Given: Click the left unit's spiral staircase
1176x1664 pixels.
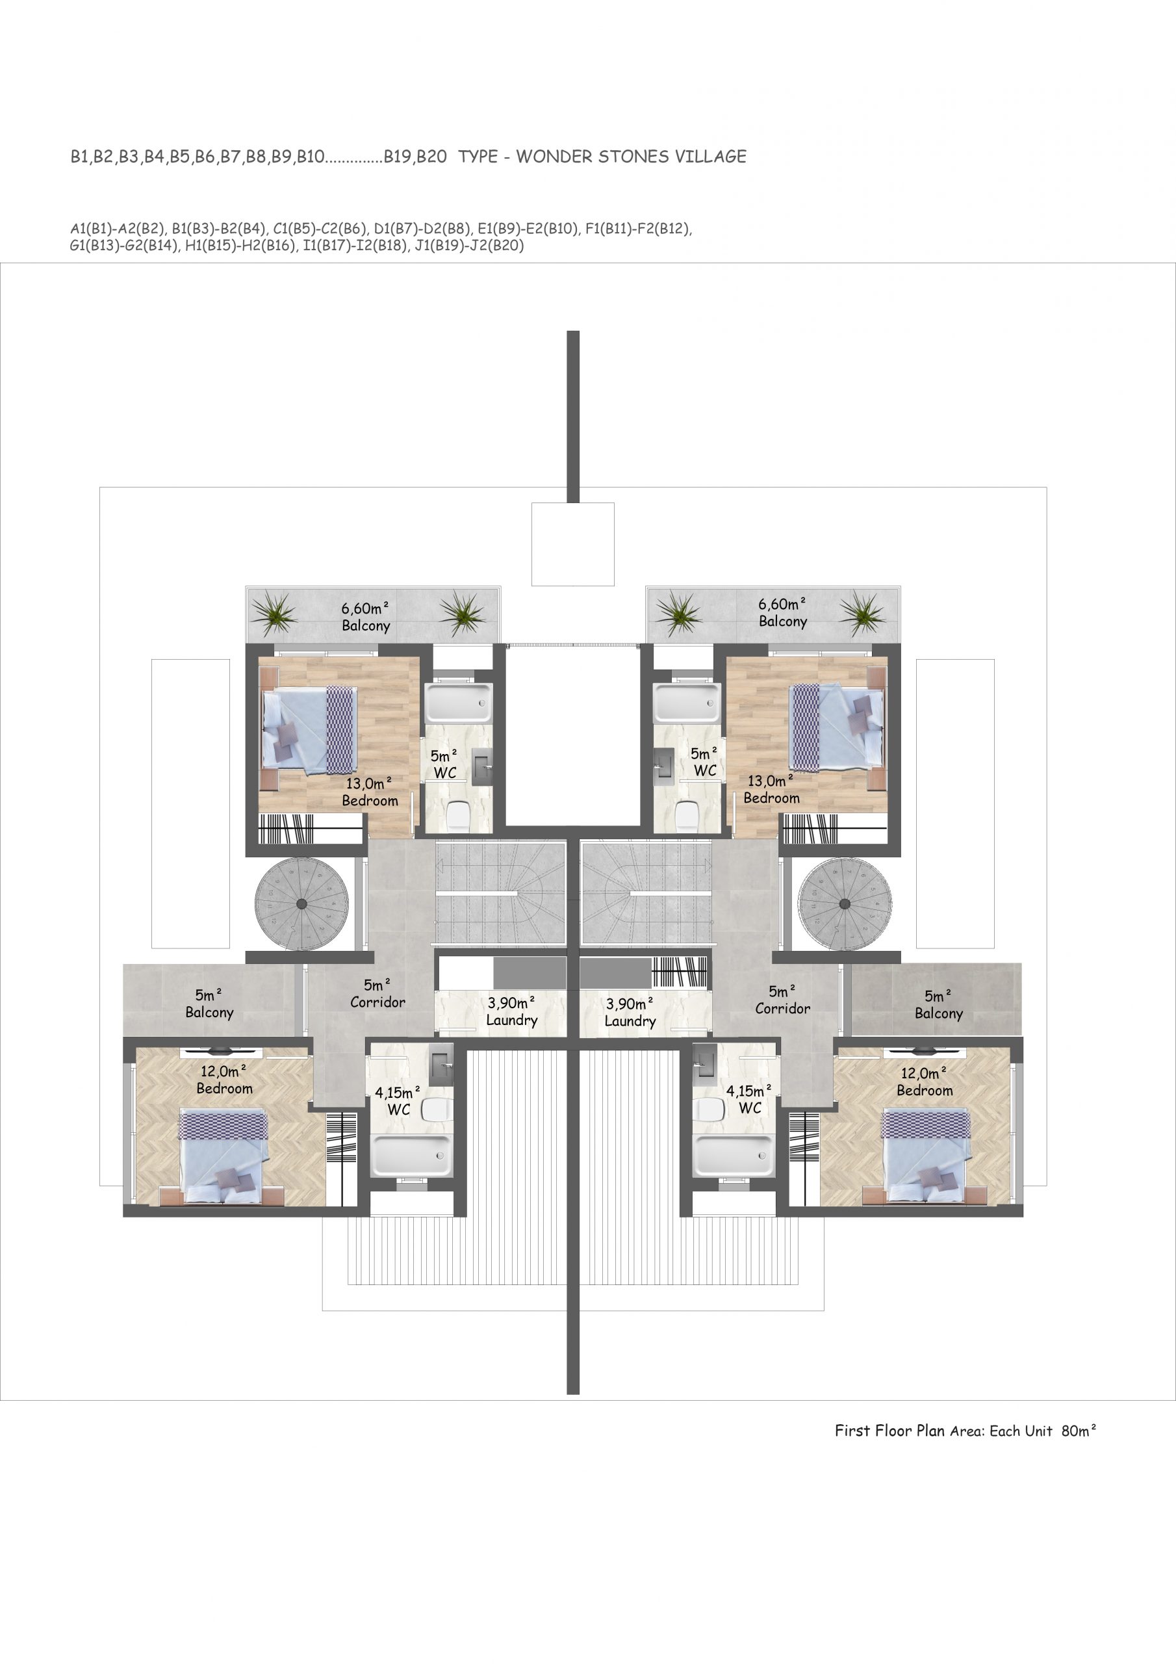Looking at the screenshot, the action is (x=301, y=903).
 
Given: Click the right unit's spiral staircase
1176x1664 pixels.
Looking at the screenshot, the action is (x=844, y=903).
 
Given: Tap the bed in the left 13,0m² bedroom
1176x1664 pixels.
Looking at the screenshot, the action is (x=309, y=729).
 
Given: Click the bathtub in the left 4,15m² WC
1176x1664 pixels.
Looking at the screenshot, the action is (x=411, y=1155).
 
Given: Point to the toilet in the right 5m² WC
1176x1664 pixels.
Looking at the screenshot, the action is (x=685, y=816).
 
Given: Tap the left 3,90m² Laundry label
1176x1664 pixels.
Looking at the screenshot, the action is (x=511, y=1012).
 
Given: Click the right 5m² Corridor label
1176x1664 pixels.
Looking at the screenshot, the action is (x=782, y=1000).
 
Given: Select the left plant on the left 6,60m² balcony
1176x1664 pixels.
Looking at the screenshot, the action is (x=275, y=614).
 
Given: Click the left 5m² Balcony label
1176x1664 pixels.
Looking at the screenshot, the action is (x=209, y=1004).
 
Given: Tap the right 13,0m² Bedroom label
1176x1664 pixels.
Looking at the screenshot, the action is (x=772, y=789).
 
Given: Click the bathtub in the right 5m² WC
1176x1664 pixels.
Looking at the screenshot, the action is (x=685, y=702).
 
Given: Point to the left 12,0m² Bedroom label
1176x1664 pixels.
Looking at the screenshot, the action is (x=225, y=1080).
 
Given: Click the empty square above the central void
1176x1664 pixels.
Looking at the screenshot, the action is (x=572, y=544).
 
